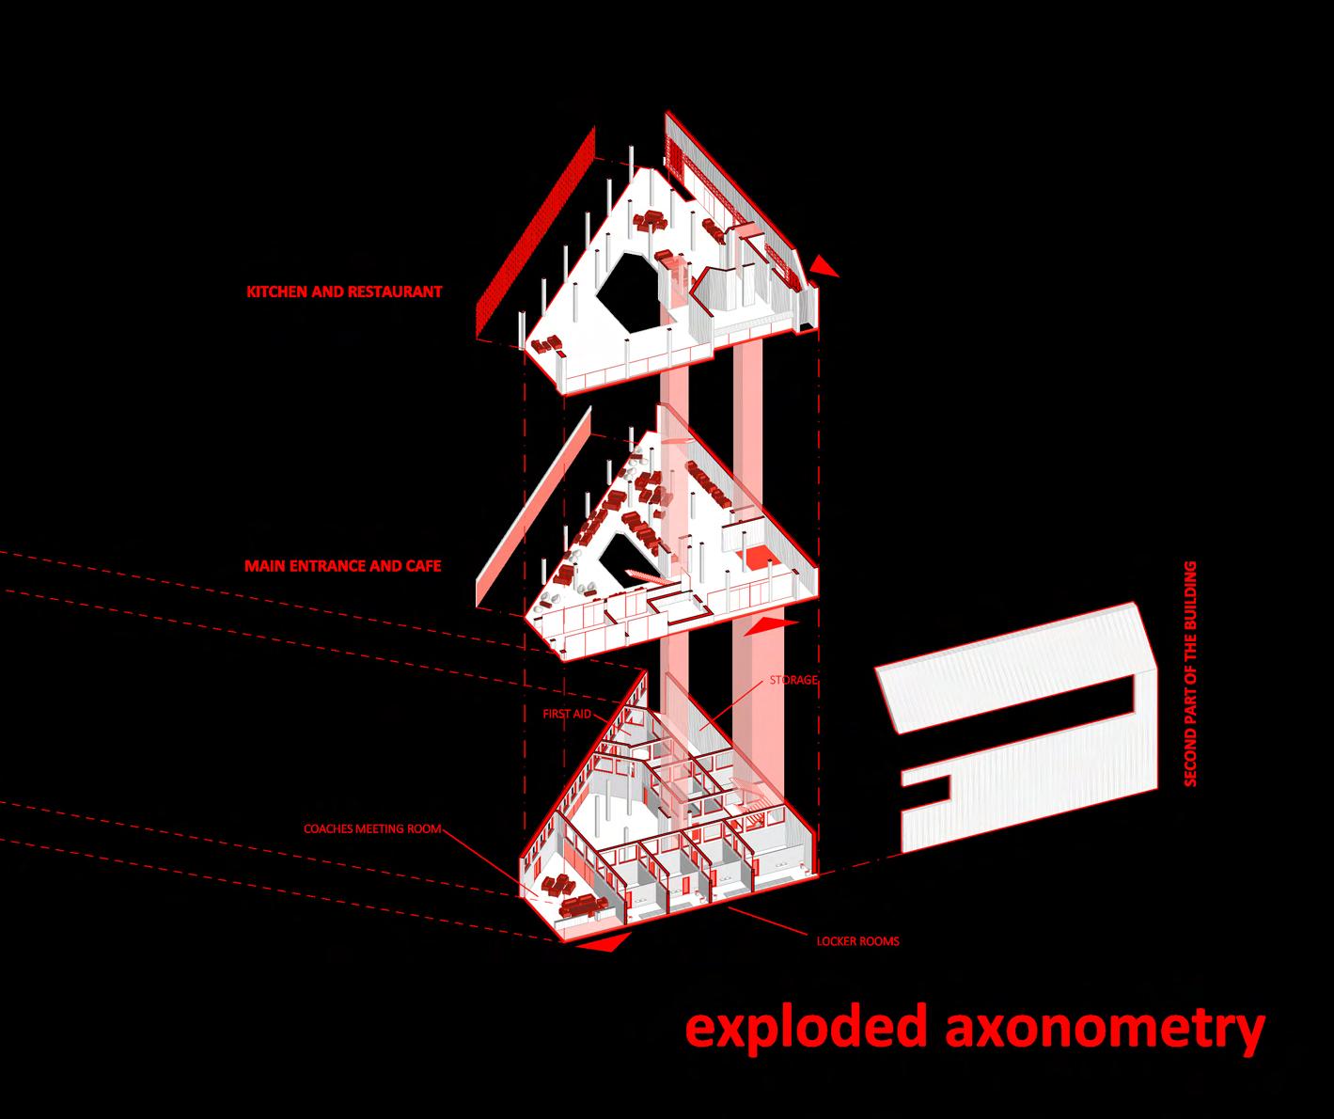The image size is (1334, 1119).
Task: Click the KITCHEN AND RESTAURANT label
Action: (343, 292)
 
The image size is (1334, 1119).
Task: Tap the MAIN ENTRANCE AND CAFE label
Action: (342, 566)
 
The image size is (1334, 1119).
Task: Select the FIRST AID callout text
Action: (567, 715)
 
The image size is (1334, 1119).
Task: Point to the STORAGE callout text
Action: (793, 679)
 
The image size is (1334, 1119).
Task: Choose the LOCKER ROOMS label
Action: (857, 940)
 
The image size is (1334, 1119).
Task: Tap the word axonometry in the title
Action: (1102, 1028)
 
